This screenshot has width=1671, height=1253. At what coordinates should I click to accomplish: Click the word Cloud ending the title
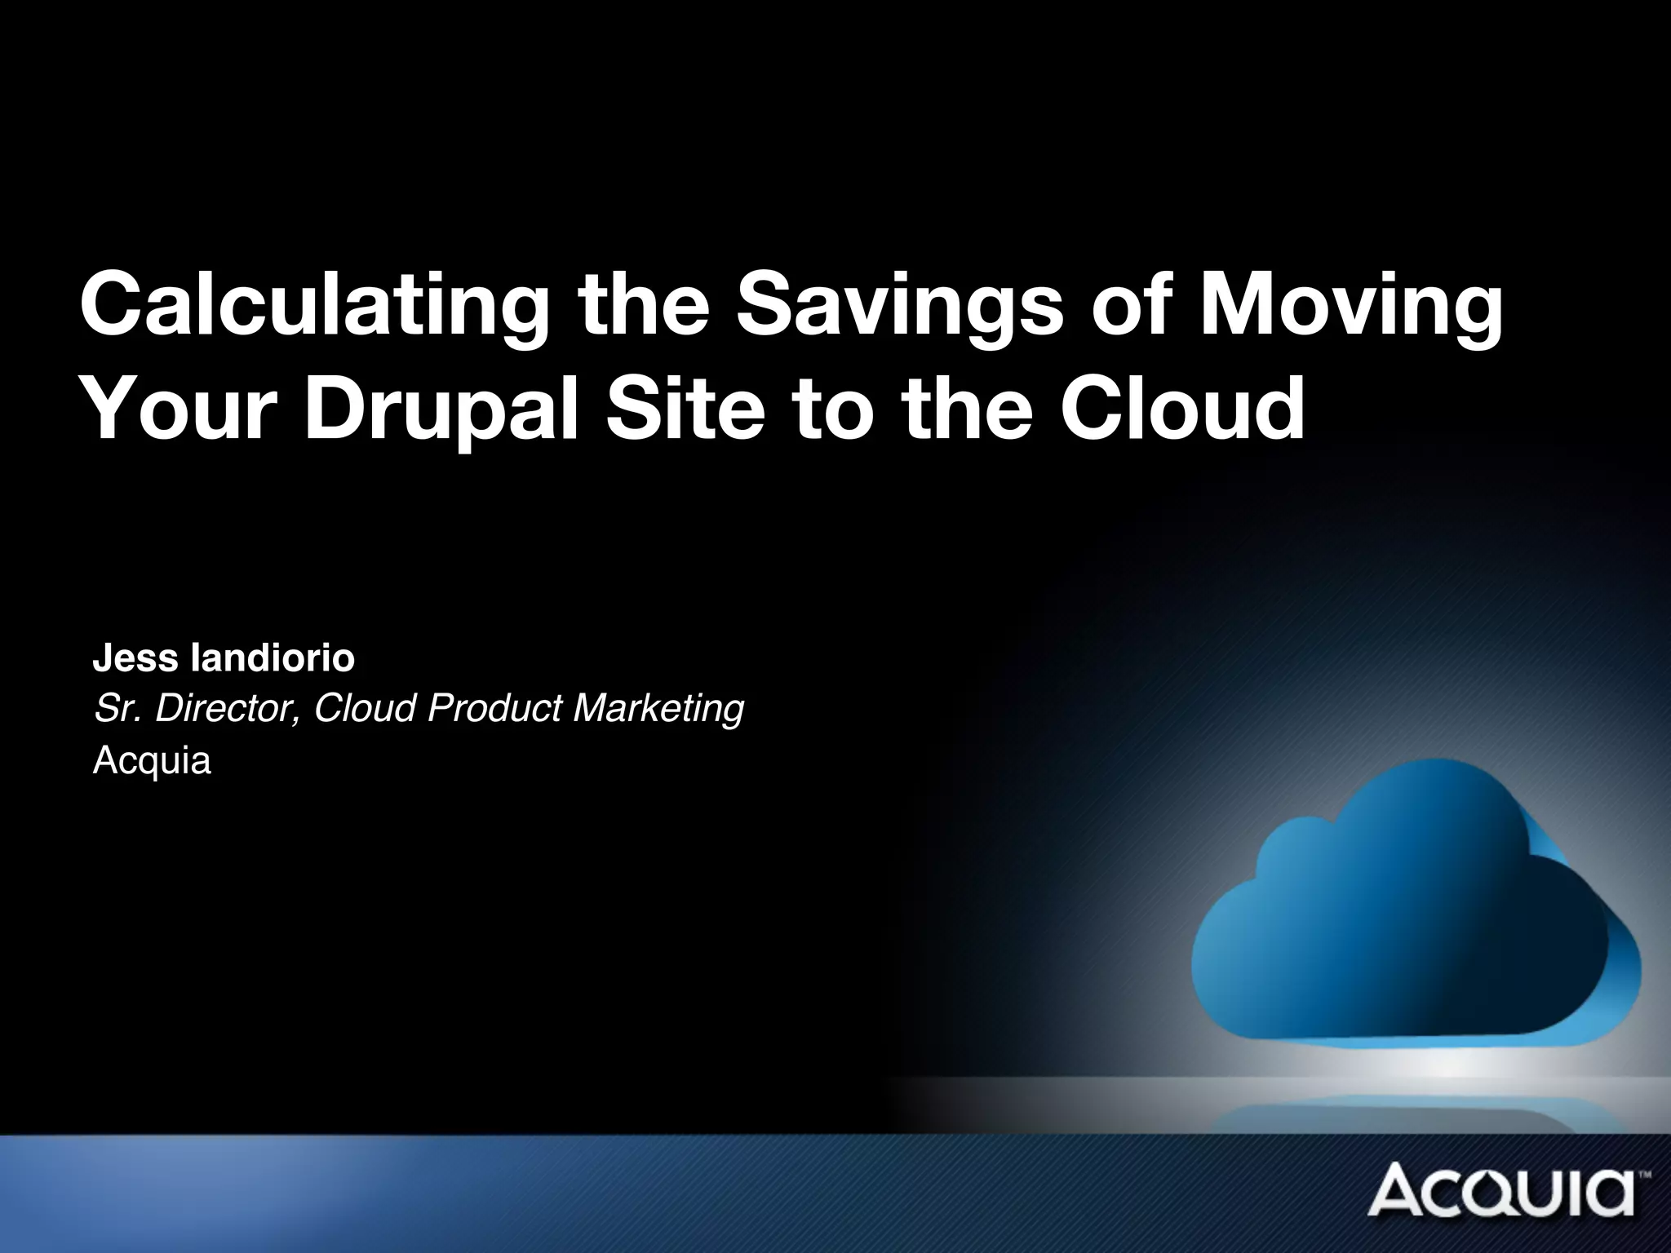pos(1182,408)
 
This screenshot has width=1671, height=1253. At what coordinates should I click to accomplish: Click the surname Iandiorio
pos(273,658)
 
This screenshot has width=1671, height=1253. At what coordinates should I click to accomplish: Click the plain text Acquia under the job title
pos(152,761)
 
